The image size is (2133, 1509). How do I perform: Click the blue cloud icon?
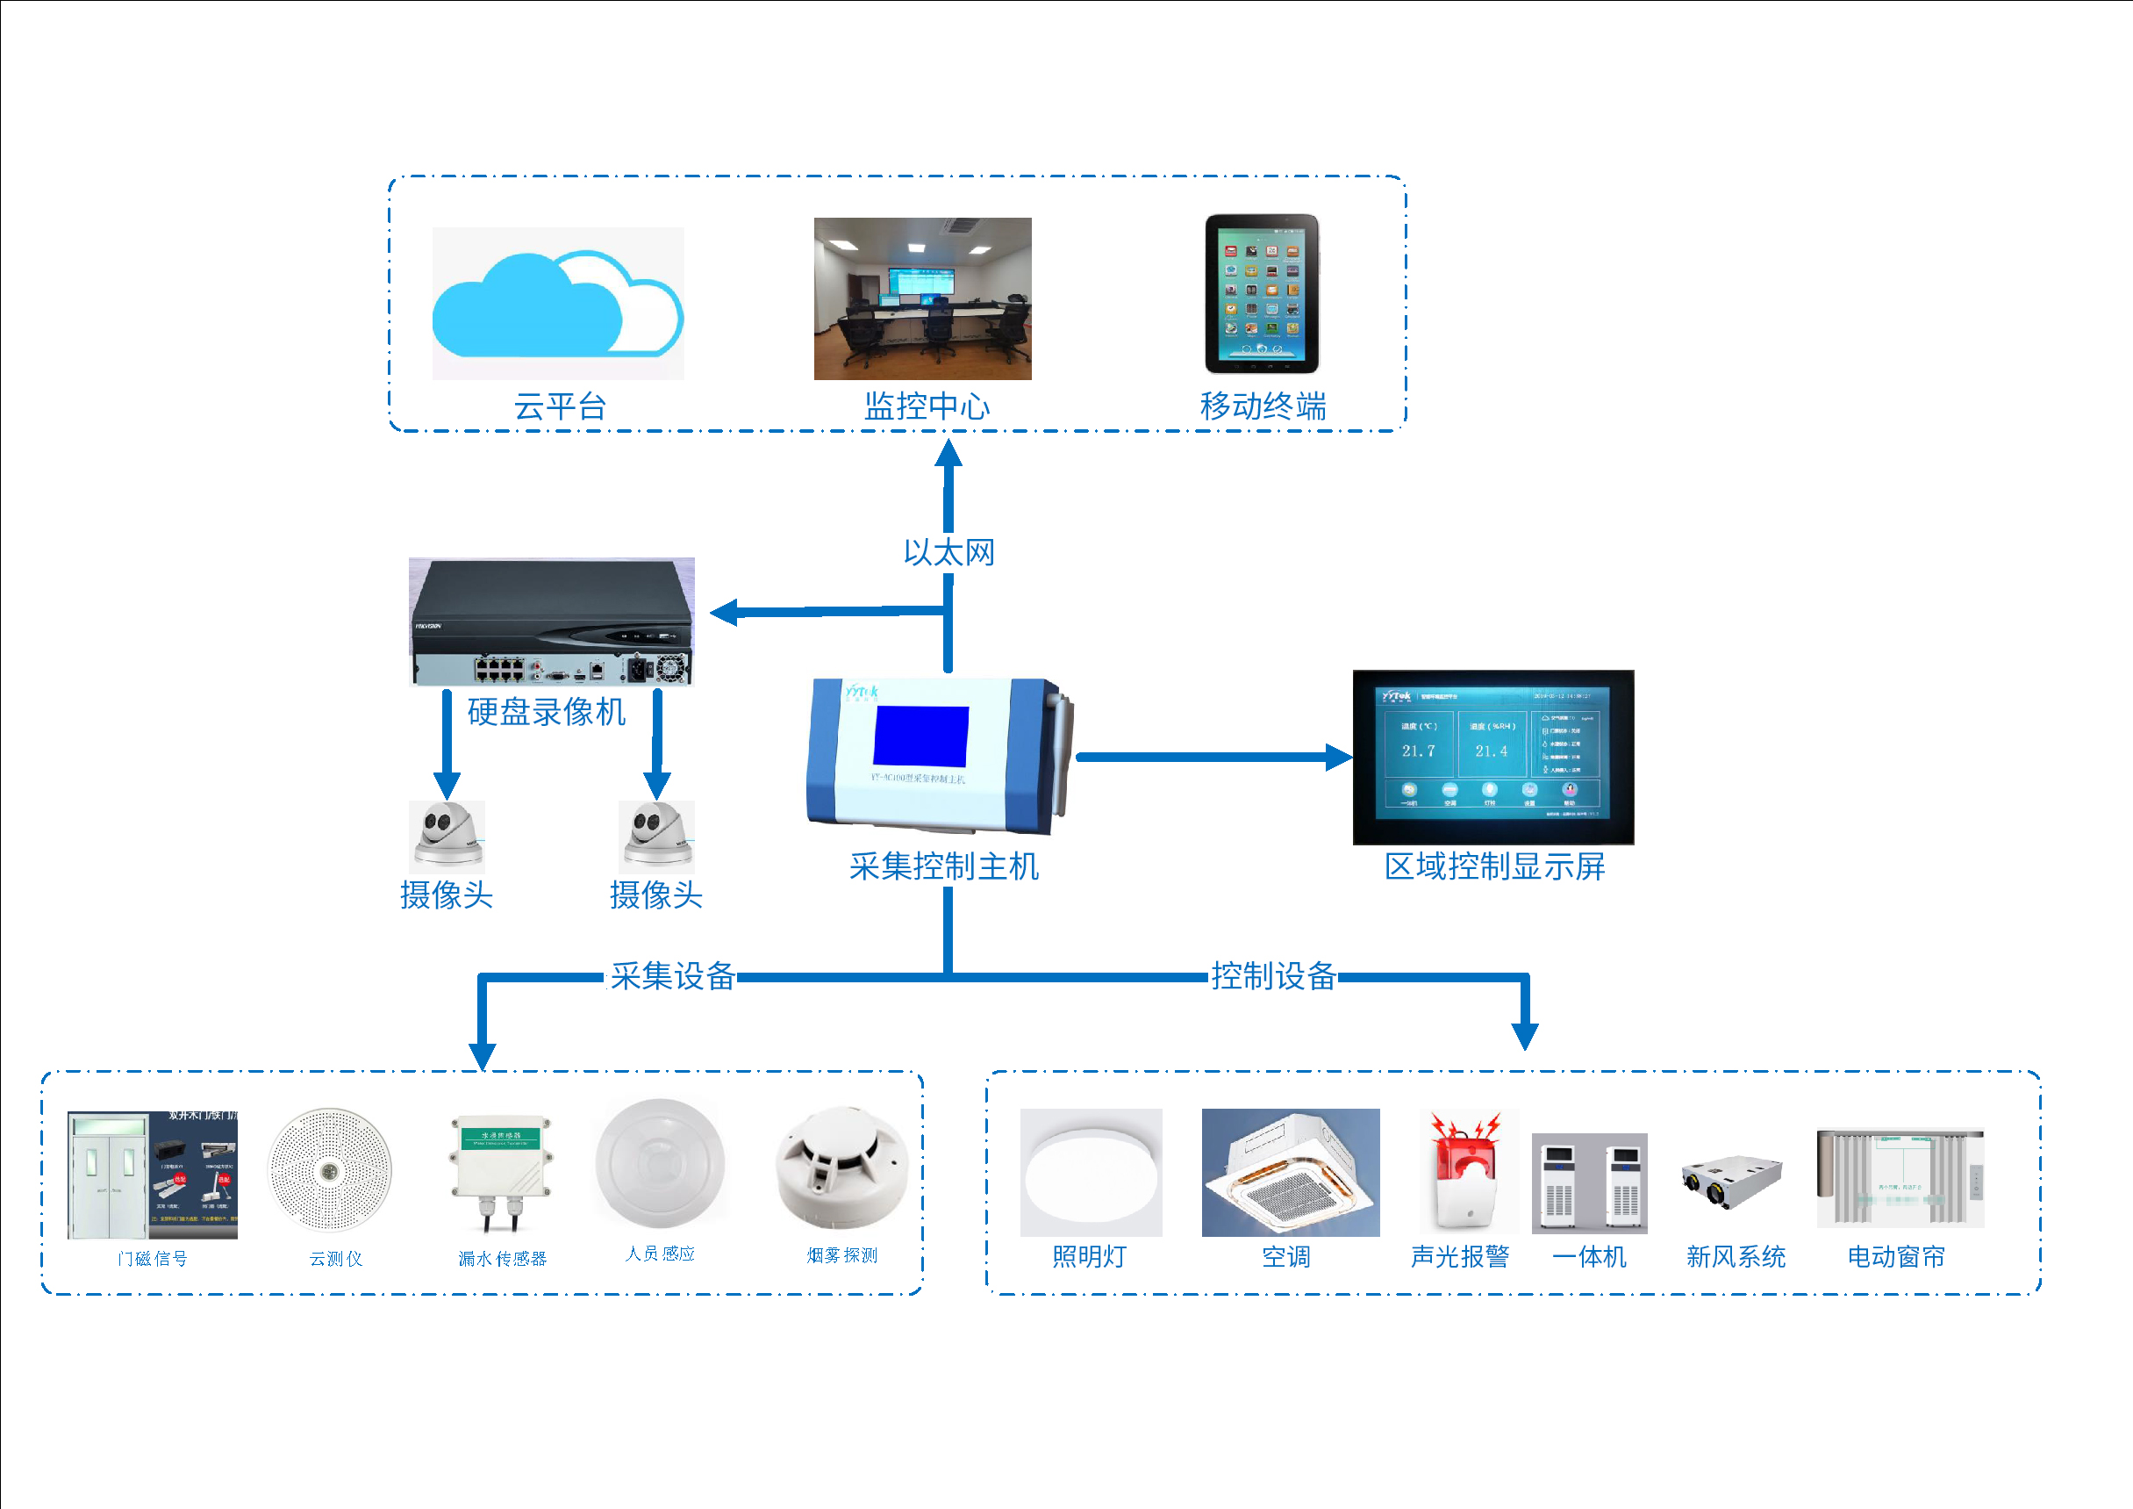[557, 305]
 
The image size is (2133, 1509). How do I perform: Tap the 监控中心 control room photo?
[922, 298]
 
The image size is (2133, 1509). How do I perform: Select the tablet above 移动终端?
[1262, 293]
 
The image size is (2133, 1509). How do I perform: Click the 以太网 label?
[948, 553]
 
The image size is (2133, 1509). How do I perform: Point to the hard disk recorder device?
[552, 621]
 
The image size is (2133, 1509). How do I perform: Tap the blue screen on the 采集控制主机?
[920, 736]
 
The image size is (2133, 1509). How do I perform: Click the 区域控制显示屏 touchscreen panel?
[1492, 757]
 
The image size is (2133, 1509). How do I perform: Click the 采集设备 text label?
[673, 975]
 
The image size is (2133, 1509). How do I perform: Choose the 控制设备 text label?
[1273, 975]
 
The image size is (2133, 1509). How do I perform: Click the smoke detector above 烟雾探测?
[841, 1168]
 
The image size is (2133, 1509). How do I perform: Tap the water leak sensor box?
[502, 1166]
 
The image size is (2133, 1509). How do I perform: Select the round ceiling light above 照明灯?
[1091, 1172]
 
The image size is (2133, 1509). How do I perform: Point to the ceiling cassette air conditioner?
[1291, 1173]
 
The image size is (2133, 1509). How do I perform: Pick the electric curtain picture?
[1900, 1177]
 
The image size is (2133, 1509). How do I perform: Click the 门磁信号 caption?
[154, 1258]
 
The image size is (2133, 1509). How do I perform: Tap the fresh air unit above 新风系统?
[1733, 1180]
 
